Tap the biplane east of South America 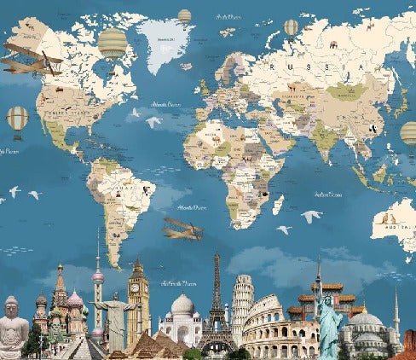coord(182,228)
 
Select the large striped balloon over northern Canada coord(112,42)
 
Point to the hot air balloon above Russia coord(292,28)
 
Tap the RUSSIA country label coord(317,66)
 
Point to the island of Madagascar coord(278,204)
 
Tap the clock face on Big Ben coord(135,287)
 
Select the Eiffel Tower coord(217,307)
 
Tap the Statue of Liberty coord(329,319)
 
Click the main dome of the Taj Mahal coord(182,307)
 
